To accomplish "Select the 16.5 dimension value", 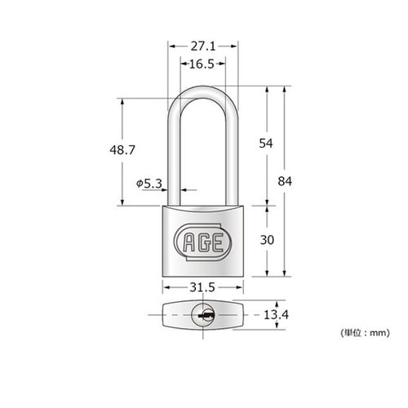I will pyautogui.click(x=202, y=64).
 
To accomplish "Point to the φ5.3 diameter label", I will pyautogui.click(x=149, y=184).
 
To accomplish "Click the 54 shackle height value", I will pyautogui.click(x=265, y=143).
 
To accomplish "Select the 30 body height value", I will pyautogui.click(x=265, y=241).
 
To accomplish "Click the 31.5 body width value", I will pyautogui.click(x=202, y=288).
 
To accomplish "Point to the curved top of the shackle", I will pyautogui.click(x=202, y=90).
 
